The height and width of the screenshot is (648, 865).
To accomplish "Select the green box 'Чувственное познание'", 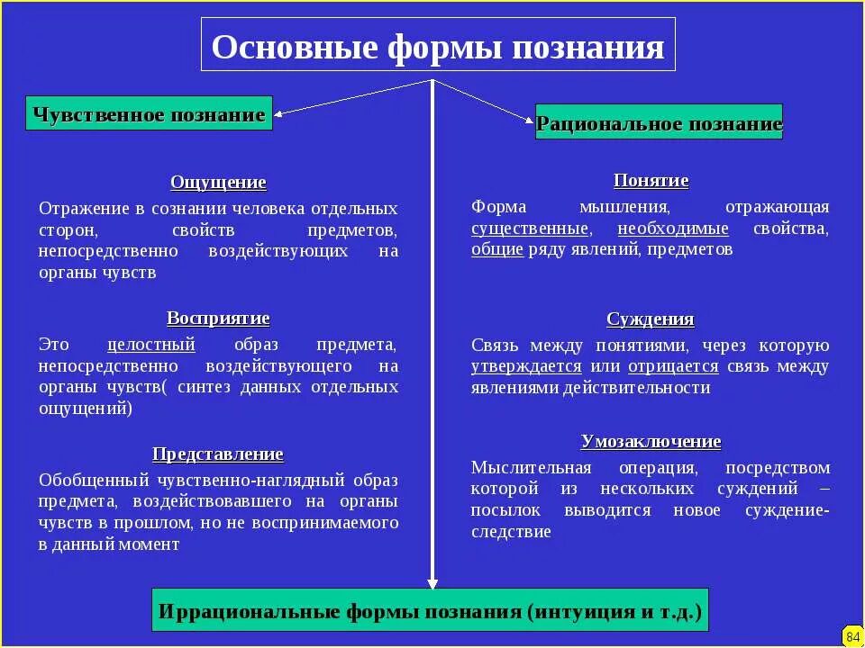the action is click(x=149, y=114).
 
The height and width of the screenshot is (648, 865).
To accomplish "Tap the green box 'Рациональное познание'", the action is click(x=659, y=122).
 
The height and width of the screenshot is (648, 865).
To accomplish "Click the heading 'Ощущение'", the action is click(x=218, y=183).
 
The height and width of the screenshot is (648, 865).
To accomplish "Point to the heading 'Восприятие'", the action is click(x=218, y=319).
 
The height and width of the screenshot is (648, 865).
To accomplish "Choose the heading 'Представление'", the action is click(x=218, y=454).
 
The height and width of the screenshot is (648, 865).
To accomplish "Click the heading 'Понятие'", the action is click(x=651, y=181).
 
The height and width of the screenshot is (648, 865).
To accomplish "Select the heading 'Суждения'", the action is click(x=651, y=319).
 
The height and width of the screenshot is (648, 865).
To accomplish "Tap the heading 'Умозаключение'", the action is click(x=651, y=442).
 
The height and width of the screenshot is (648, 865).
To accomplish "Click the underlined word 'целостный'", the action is click(x=151, y=345).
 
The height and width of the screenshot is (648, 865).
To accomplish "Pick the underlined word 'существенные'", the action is click(x=531, y=229).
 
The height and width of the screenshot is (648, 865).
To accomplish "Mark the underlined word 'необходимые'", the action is click(x=673, y=229).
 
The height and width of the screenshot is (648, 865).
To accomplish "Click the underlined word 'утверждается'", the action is click(x=526, y=366).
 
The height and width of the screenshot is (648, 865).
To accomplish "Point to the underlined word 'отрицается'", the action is click(x=673, y=366).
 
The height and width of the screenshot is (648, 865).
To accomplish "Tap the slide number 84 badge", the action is click(x=852, y=636).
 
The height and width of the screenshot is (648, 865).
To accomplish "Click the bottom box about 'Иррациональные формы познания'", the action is click(x=430, y=611).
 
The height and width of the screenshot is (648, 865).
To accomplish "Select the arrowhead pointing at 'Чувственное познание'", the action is click(x=279, y=113).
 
